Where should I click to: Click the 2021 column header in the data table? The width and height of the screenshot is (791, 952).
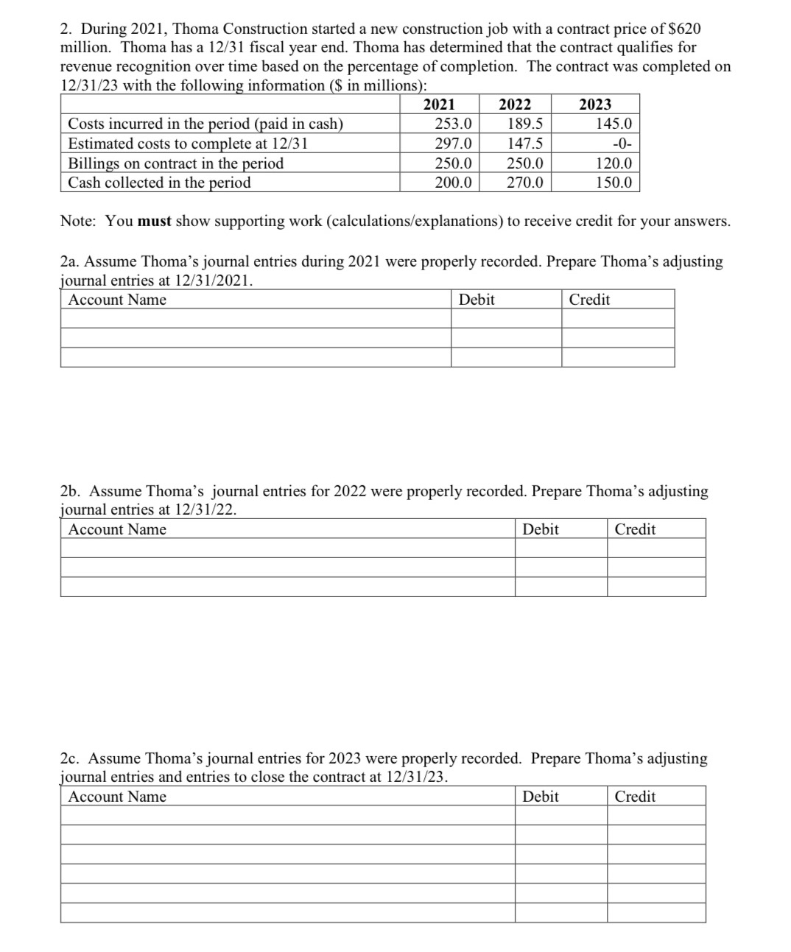click(439, 105)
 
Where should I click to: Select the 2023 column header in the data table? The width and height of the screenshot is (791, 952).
click(595, 105)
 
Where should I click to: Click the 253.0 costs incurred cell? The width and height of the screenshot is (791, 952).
click(453, 124)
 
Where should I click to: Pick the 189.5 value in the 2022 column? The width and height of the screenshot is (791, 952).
click(525, 124)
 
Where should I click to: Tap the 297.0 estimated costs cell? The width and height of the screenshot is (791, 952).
click(453, 144)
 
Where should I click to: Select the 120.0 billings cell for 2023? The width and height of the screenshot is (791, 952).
click(614, 163)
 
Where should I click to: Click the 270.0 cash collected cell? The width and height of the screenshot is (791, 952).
click(525, 183)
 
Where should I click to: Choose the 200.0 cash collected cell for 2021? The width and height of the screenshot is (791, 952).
click(453, 183)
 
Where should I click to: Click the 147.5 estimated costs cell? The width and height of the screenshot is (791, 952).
click(525, 144)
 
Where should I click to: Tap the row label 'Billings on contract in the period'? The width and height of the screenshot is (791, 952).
click(175, 163)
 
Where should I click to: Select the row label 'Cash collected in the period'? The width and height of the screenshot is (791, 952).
click(159, 183)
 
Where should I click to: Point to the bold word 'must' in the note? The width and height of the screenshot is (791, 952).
click(155, 221)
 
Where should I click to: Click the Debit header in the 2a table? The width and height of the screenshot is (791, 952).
click(477, 300)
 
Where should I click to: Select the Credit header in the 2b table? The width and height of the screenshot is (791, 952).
click(635, 529)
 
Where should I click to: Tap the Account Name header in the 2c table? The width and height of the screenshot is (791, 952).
click(117, 797)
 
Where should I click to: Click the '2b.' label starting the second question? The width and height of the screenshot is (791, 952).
click(71, 491)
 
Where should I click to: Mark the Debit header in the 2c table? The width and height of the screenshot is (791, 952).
click(541, 797)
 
